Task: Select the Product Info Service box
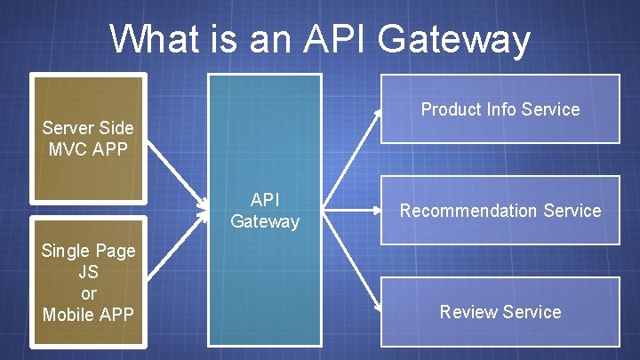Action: pyautogui.click(x=500, y=109)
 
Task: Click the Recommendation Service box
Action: pyautogui.click(x=500, y=211)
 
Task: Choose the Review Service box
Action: pyautogui.click(x=500, y=312)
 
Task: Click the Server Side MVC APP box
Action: pyautogui.click(x=88, y=138)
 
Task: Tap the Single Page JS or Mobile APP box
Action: pyautogui.click(x=88, y=282)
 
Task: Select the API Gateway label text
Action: pyautogui.click(x=265, y=211)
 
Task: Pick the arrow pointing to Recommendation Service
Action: pyautogui.click(x=354, y=211)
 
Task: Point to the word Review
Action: pyautogui.click(x=468, y=312)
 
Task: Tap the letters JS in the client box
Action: pyautogui.click(x=88, y=271)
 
